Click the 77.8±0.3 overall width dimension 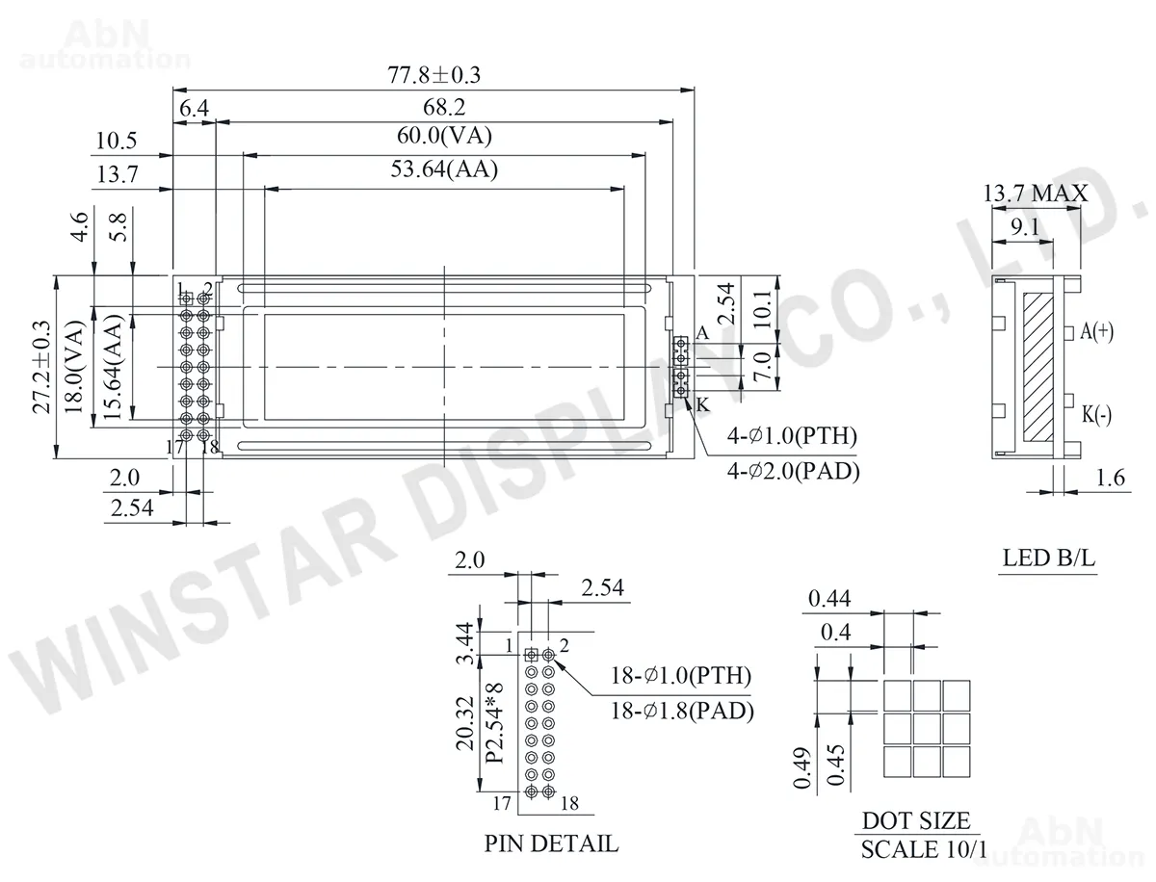point(433,75)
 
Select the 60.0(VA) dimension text point(444,136)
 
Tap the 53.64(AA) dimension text point(444,169)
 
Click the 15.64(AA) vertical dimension point(112,367)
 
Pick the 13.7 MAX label point(1036,194)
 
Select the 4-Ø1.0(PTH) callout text point(792,436)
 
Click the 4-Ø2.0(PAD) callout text point(793,471)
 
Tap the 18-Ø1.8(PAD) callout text point(682,711)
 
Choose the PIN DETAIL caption point(551,843)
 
